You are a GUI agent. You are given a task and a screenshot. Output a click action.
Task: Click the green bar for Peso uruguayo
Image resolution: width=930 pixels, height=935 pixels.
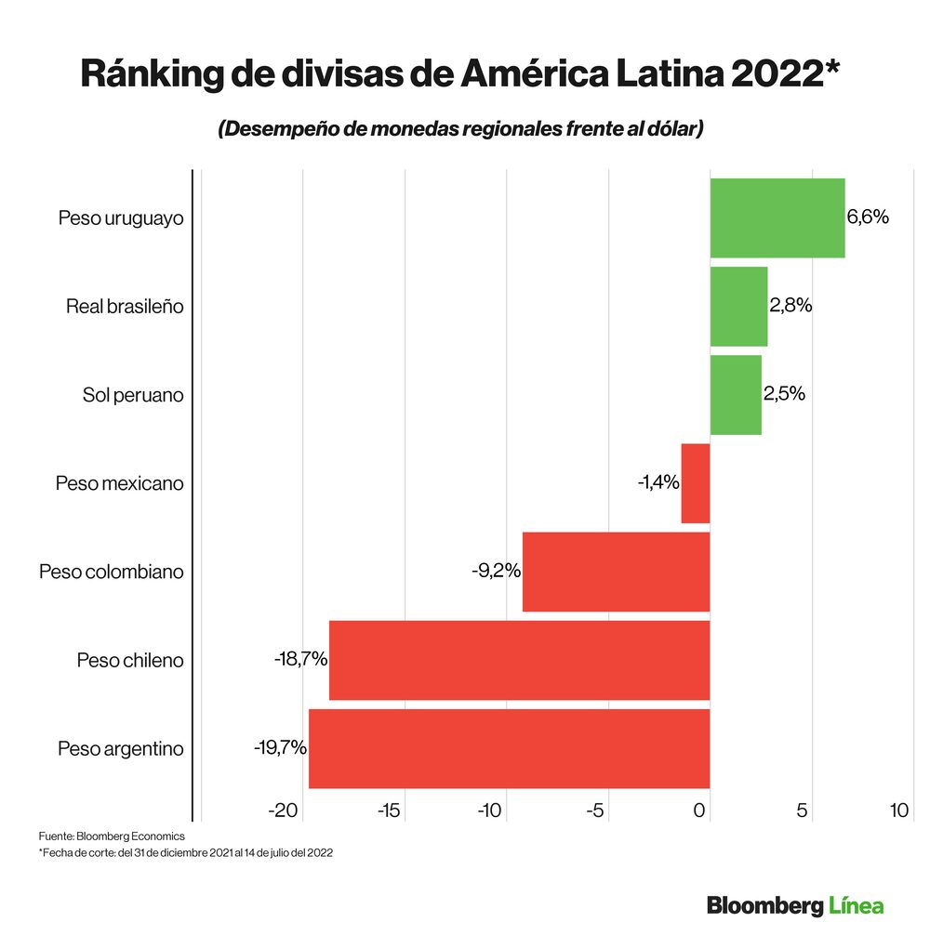[777, 217]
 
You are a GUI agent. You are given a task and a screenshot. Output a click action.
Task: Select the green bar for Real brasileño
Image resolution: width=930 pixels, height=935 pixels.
[738, 306]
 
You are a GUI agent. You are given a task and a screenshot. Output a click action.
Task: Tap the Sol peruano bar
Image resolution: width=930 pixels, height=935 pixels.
[736, 394]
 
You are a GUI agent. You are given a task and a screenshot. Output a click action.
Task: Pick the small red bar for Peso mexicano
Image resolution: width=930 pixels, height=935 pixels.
[696, 483]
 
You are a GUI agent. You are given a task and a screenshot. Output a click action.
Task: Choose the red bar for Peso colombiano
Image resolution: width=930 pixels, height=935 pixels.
[616, 572]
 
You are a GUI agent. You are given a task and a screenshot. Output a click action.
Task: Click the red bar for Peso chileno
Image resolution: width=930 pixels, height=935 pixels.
[519, 660]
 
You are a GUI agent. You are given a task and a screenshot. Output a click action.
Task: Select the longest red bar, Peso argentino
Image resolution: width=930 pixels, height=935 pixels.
[509, 748]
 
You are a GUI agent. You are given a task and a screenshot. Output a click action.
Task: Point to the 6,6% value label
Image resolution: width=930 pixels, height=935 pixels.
[868, 217]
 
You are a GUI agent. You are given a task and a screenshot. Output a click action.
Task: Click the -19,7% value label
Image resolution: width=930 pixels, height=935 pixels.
[280, 746]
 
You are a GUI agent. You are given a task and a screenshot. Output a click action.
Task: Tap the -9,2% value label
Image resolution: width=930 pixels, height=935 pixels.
[496, 570]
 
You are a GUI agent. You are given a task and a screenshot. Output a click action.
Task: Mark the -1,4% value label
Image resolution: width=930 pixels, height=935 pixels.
[658, 482]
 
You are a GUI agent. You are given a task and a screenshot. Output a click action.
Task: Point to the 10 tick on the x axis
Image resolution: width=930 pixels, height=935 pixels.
[898, 810]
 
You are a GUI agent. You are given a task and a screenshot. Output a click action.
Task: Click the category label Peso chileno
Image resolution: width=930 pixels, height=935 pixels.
[130, 661]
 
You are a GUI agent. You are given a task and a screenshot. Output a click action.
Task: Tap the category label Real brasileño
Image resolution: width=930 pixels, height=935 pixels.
[125, 306]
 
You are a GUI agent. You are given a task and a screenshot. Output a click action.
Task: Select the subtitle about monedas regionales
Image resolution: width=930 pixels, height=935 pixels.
[460, 129]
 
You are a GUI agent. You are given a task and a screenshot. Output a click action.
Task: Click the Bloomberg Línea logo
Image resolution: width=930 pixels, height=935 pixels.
[795, 904]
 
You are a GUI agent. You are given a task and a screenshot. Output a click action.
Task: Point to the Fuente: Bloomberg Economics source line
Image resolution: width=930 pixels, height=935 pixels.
[112, 836]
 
